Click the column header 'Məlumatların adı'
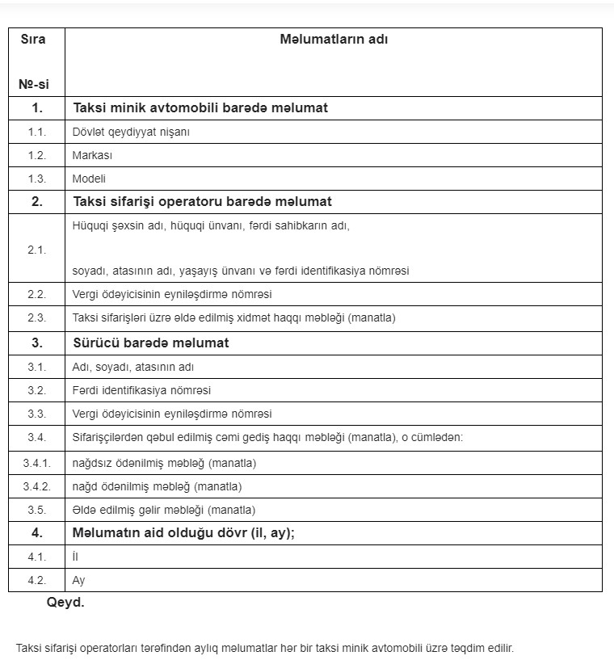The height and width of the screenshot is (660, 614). [x=333, y=39]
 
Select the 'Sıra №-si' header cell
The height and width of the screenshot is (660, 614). [x=36, y=61]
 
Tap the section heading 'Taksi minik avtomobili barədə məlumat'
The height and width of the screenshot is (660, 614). [x=200, y=107]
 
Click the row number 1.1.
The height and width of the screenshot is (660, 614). [x=36, y=132]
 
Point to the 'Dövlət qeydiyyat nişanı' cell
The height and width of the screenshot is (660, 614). [x=131, y=132]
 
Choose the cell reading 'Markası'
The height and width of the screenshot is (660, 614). [x=92, y=155]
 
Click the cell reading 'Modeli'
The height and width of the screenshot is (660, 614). [x=89, y=179]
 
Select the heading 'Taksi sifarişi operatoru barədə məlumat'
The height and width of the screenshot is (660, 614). [x=202, y=202]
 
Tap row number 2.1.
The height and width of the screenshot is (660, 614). [x=36, y=249]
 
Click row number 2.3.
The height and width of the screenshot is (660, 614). [x=36, y=318]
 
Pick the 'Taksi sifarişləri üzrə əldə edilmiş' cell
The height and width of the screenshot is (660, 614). [x=233, y=318]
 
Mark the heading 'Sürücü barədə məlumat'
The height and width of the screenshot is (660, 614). [x=151, y=343]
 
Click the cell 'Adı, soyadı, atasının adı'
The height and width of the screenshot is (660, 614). [x=133, y=367]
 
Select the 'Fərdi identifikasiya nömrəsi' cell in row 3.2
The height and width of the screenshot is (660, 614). [x=141, y=390]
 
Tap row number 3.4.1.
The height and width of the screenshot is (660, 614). [x=36, y=464]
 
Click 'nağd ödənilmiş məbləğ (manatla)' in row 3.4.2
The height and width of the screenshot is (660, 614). [x=157, y=486]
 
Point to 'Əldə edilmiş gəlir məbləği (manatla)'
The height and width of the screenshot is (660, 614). [x=163, y=510]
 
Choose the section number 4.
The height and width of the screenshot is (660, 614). [x=36, y=533]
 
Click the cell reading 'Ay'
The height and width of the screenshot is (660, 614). [x=78, y=580]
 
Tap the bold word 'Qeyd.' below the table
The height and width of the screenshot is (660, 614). [x=65, y=603]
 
